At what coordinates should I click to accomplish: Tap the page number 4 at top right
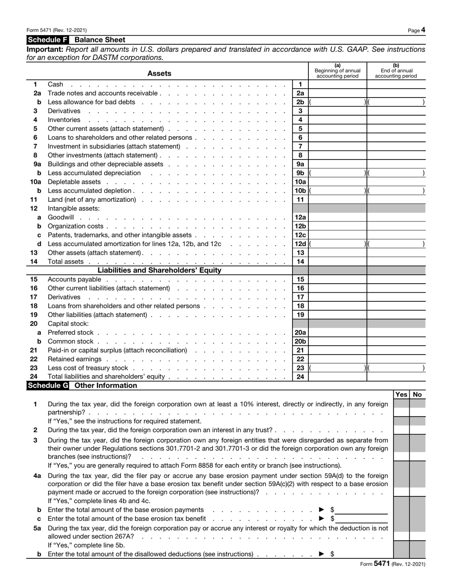(x=423, y=30)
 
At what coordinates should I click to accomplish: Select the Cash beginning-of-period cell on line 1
(x=338, y=85)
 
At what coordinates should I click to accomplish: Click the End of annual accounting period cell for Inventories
(x=396, y=120)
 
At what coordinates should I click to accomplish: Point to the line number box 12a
(x=300, y=218)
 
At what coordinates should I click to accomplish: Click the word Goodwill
(x=61, y=218)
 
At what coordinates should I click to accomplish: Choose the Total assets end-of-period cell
(x=396, y=262)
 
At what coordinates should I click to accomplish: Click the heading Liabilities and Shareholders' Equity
(x=159, y=270)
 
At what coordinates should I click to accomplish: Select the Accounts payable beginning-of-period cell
(x=338, y=279)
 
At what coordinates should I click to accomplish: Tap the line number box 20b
(x=300, y=341)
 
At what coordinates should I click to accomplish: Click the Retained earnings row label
(x=75, y=359)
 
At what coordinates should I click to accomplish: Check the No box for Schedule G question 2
(x=418, y=430)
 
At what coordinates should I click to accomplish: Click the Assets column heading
(x=159, y=73)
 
